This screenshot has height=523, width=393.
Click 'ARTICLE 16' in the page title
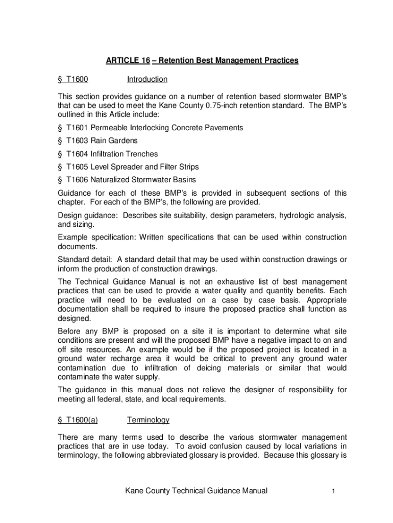[x=128, y=61]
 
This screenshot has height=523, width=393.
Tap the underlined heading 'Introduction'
[x=147, y=80]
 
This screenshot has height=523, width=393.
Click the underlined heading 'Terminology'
[x=148, y=420]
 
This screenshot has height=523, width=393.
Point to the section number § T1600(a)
[x=78, y=420]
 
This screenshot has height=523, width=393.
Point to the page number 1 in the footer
[x=333, y=491]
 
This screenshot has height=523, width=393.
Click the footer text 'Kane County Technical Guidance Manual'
[x=196, y=491]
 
